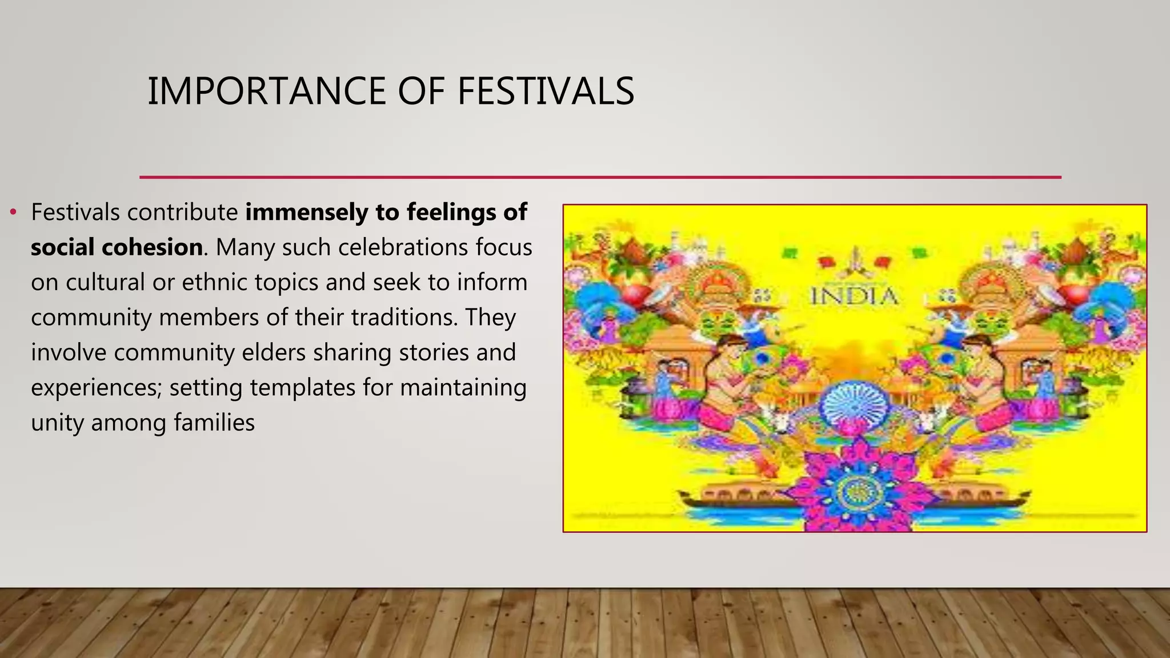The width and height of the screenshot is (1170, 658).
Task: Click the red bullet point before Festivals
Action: click(x=13, y=213)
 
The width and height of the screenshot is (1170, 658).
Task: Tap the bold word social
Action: click(x=62, y=247)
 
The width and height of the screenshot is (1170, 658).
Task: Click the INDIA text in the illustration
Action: click(x=854, y=296)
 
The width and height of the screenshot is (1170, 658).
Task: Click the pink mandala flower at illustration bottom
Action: click(x=855, y=490)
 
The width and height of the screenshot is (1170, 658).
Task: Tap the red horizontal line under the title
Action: click(x=600, y=178)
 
